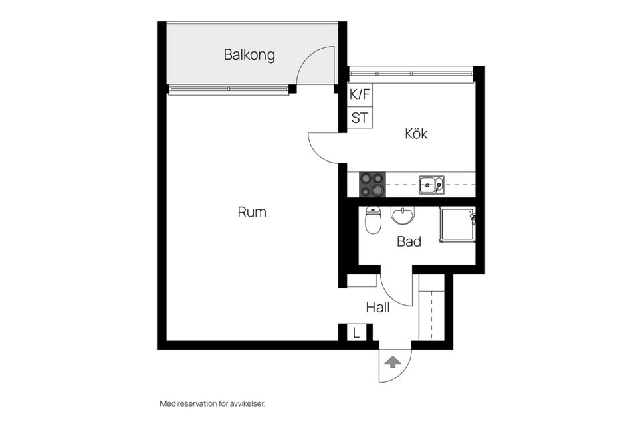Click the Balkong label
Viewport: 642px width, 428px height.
point(249,55)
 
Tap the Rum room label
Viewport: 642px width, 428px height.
point(252,212)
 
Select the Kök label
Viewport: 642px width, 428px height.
point(416,134)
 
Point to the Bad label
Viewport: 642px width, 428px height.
point(409,241)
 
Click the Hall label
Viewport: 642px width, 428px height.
point(378,308)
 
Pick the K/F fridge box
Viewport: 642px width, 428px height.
point(360,94)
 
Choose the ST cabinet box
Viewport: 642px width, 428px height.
point(360,118)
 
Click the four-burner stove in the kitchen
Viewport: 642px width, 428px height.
point(372,185)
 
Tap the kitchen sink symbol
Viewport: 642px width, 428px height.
point(431,185)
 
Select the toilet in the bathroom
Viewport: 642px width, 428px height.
point(373,220)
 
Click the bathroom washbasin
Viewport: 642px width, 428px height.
point(403,216)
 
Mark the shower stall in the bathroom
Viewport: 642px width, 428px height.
point(457,224)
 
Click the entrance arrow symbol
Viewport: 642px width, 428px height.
point(393,362)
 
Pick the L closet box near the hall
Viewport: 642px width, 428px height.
point(356,332)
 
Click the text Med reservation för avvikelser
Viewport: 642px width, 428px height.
point(213,403)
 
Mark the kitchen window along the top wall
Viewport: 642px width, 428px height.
point(411,70)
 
